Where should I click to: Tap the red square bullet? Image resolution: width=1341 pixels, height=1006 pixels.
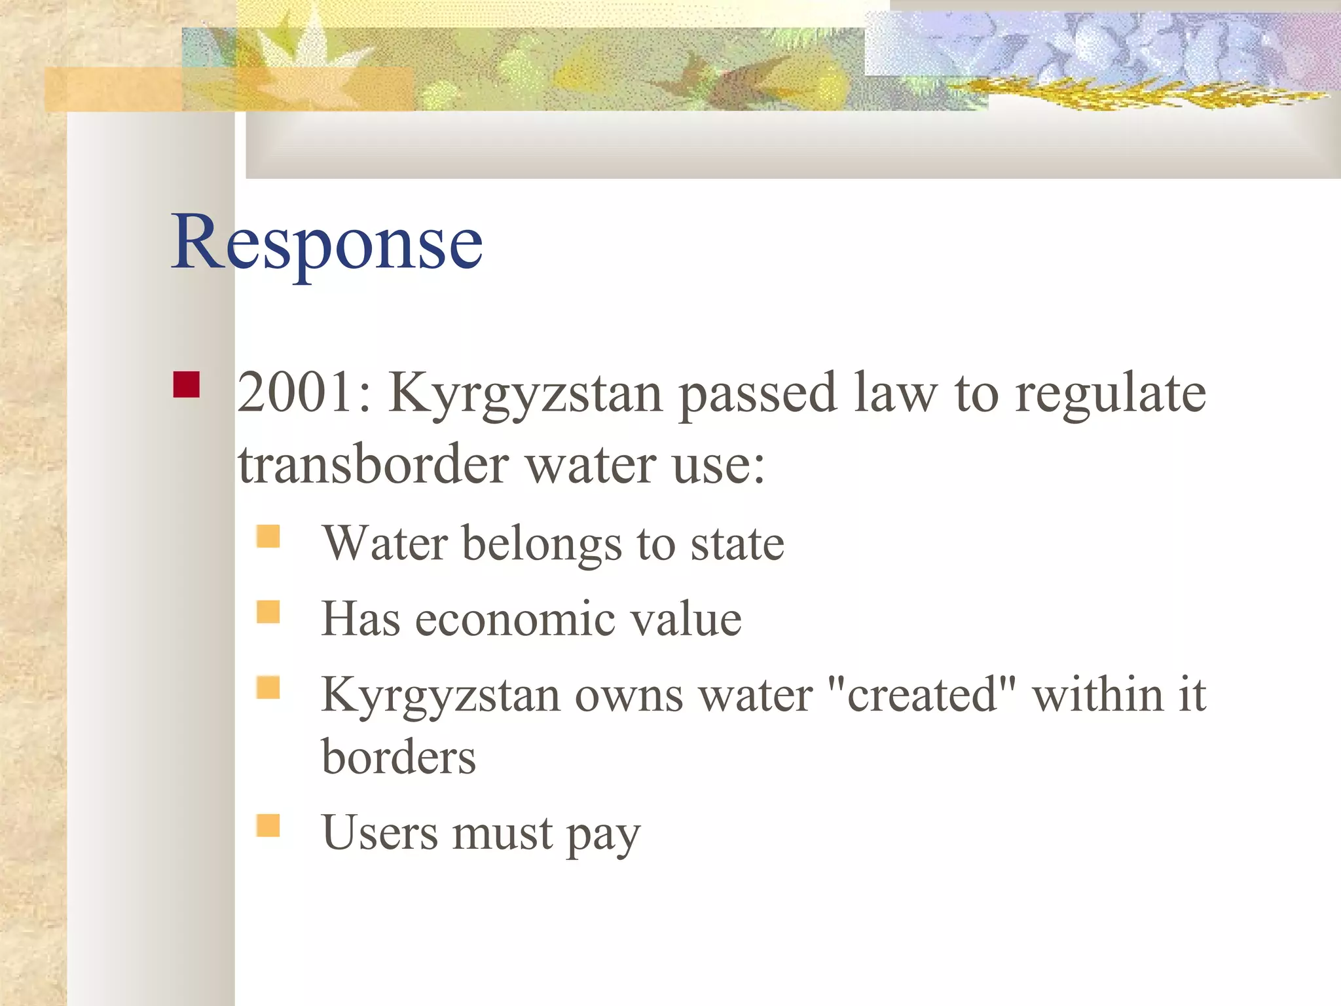pos(186,384)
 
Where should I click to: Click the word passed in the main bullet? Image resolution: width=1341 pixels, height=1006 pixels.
pos(757,394)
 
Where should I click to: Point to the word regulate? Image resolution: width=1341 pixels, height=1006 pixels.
pos(1110,394)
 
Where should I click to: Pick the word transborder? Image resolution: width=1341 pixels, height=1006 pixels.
pos(373,464)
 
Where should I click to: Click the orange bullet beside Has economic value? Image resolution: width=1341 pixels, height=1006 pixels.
pos(268,612)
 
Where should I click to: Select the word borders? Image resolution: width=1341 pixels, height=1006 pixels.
pos(399,758)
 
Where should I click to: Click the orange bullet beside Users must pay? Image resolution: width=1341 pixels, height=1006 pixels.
pos(268,825)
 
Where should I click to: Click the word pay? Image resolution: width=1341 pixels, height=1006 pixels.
pos(603,836)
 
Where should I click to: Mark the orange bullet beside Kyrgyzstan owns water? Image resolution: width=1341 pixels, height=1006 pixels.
pos(268,688)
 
